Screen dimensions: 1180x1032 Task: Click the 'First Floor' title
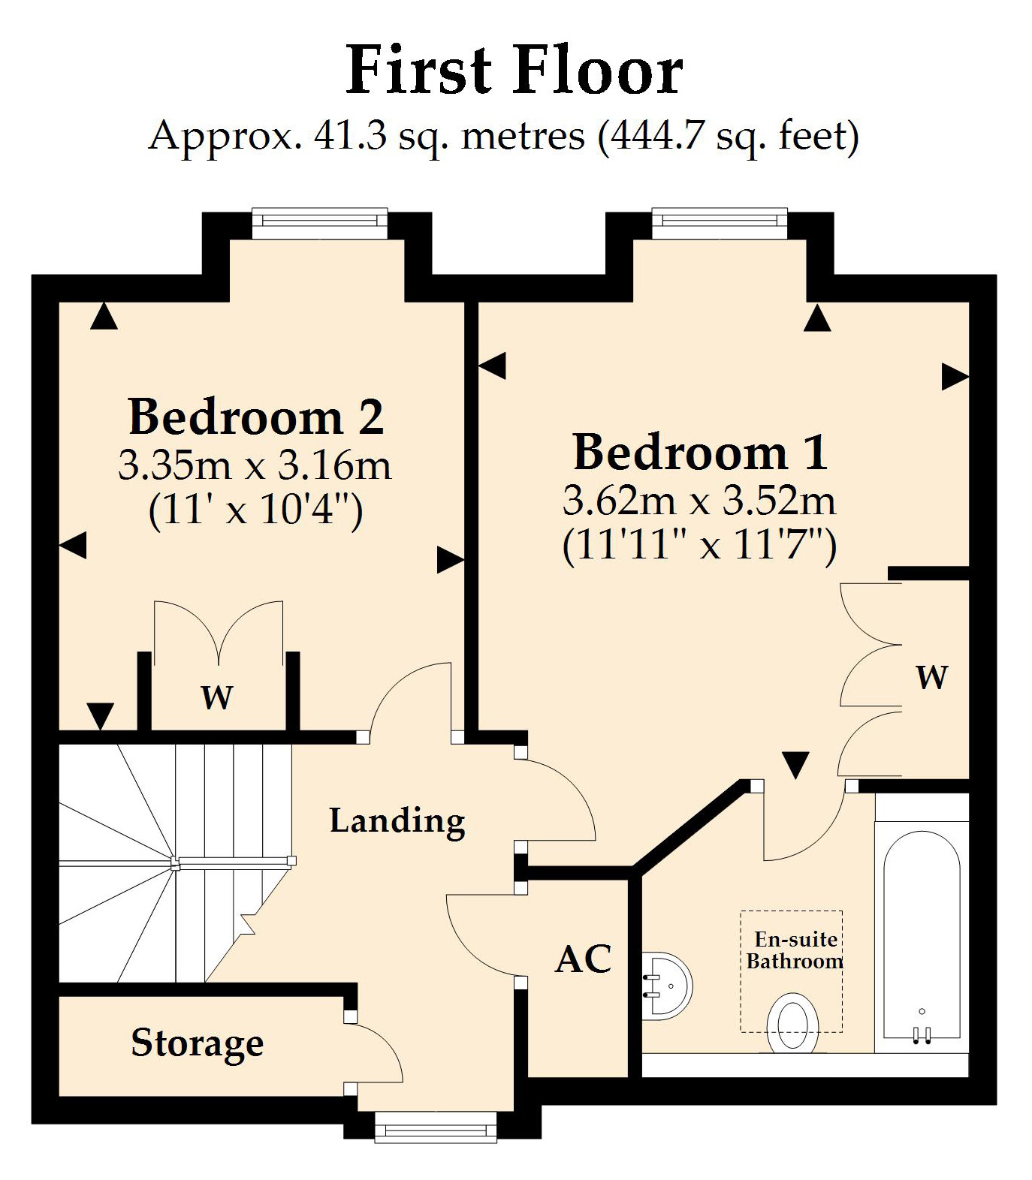[514, 70]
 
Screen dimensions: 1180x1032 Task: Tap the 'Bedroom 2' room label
[256, 417]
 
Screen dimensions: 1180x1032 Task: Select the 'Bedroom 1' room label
[700, 453]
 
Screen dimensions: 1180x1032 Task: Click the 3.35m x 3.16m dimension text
[255, 466]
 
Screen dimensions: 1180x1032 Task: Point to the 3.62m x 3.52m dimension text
[699, 501]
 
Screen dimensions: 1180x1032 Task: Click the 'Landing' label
[397, 820]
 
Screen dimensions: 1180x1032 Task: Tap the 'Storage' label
[198, 1043]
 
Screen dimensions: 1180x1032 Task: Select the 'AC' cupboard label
[584, 959]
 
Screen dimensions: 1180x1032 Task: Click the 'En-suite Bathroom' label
[795, 950]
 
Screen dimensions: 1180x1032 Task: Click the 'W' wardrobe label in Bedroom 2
[217, 697]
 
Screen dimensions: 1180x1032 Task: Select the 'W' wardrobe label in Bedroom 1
[931, 677]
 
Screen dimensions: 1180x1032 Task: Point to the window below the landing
[436, 1126]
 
